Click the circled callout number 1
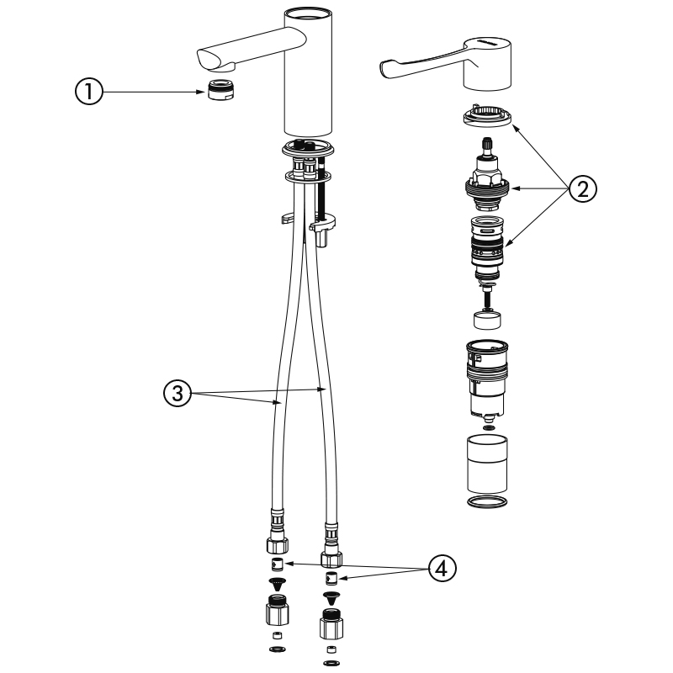(x=89, y=92)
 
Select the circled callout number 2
(x=582, y=188)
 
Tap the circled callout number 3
(x=178, y=393)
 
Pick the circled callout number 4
(x=442, y=569)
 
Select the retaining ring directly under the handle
(x=487, y=115)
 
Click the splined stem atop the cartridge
(x=487, y=145)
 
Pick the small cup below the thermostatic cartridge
(x=487, y=320)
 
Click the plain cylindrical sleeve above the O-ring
(x=487, y=464)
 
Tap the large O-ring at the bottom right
(x=487, y=501)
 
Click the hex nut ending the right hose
(x=331, y=558)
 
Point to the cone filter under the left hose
(x=278, y=584)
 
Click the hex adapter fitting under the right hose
(x=331, y=623)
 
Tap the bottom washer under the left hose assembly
(x=278, y=649)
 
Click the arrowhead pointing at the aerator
(x=201, y=92)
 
